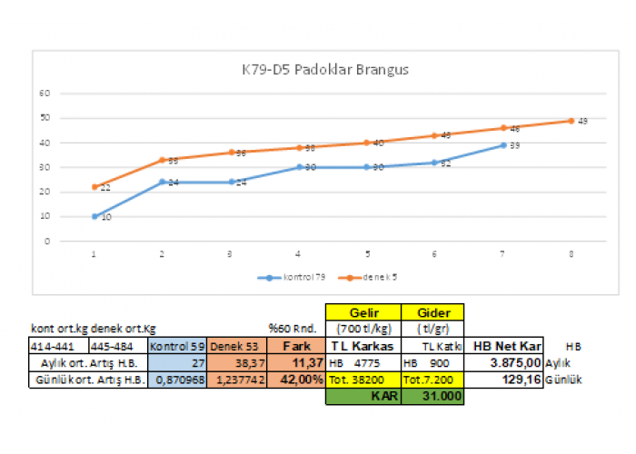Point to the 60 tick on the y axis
(44, 93)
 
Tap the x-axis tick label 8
(571, 255)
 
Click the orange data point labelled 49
(571, 120)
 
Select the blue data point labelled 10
(94, 216)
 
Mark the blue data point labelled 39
(502, 144)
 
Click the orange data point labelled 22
(94, 187)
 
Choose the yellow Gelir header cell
(363, 311)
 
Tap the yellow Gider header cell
(432, 311)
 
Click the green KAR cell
(363, 396)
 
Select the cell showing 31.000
(432, 396)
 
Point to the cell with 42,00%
(295, 379)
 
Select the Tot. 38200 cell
(363, 379)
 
